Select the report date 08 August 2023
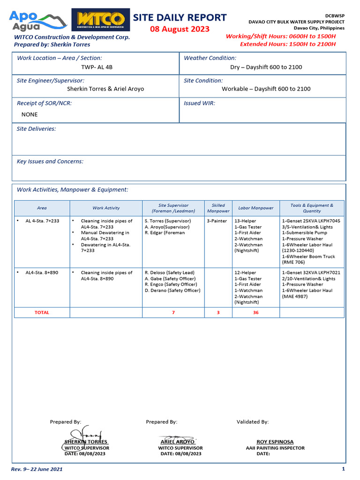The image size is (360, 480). (x=180, y=30)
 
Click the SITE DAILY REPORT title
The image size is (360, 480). (x=180, y=18)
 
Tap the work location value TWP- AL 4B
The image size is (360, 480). (x=97, y=67)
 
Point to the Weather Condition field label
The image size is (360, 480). (x=210, y=58)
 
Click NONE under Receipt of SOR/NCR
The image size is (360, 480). (x=30, y=114)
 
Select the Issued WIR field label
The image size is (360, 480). (x=199, y=103)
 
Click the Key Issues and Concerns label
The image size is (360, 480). (x=50, y=161)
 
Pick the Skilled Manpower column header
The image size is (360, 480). (x=218, y=208)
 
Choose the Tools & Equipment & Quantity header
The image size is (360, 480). (x=312, y=208)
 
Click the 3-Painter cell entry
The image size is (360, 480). (x=217, y=221)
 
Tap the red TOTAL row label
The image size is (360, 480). (x=42, y=312)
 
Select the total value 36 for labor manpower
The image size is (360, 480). (x=255, y=312)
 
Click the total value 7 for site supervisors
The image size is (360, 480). (x=173, y=312)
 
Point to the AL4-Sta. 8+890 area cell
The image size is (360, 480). (x=42, y=273)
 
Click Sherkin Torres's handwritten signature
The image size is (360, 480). (x=83, y=435)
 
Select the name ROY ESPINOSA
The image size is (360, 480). (x=275, y=442)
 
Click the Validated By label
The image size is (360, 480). (x=252, y=422)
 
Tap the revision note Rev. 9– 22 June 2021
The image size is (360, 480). (x=37, y=469)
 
